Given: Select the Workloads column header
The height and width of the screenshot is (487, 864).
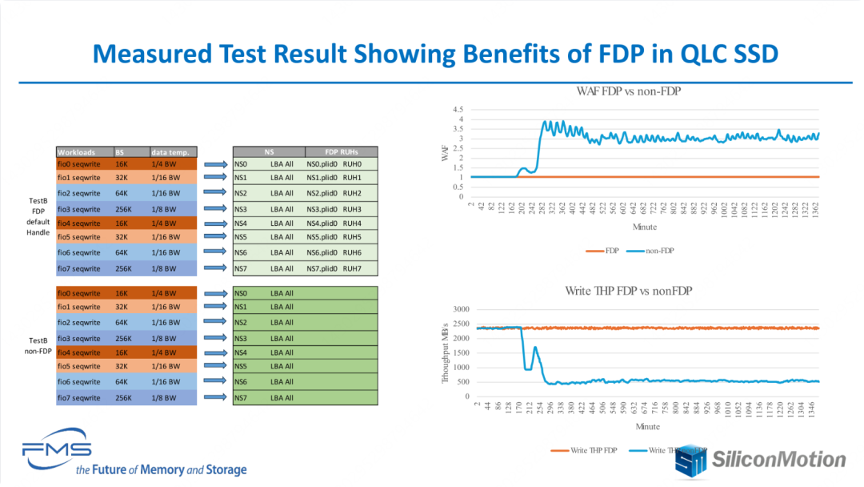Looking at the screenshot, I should click(77, 152).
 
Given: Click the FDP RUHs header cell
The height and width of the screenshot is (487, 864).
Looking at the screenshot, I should click(341, 151).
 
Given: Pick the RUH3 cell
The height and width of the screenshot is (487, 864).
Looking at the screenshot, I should click(352, 208).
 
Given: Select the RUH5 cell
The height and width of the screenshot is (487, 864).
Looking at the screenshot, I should click(352, 237).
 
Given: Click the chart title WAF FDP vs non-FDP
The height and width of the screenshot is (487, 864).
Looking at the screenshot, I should click(629, 91).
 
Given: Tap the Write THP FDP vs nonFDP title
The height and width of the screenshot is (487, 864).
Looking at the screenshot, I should click(628, 291).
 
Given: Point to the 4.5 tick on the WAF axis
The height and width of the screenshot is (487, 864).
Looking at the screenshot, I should click(458, 110).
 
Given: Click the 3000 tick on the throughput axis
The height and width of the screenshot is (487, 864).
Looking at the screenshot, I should click(460, 309).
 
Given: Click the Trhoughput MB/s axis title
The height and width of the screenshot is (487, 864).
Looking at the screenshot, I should click(446, 352).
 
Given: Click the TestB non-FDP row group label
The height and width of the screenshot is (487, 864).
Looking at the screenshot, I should click(38, 345).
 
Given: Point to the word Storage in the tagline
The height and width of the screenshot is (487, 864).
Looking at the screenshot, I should click(226, 470).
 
